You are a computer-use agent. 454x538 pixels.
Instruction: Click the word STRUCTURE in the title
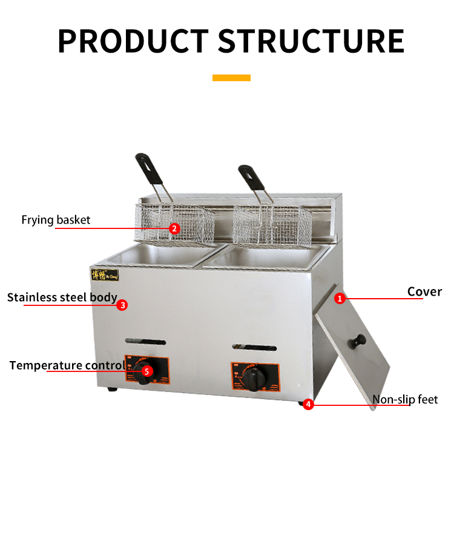click(311, 40)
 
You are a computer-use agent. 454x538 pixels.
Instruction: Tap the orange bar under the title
click(231, 78)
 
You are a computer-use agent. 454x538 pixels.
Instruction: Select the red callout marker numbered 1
click(340, 298)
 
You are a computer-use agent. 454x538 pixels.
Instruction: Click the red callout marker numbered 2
click(174, 228)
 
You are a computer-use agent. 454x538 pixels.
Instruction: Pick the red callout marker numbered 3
click(122, 305)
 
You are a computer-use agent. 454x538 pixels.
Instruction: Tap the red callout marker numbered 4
click(308, 404)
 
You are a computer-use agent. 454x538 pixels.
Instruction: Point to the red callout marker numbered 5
click(147, 371)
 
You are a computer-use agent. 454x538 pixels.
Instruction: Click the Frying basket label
click(56, 220)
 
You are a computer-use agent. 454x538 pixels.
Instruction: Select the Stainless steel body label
click(62, 297)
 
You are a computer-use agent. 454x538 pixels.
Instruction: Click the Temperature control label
click(67, 365)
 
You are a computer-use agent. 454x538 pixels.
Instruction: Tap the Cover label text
click(424, 291)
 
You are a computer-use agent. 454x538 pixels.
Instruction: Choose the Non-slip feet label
click(404, 399)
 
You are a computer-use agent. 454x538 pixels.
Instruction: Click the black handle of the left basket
click(143, 163)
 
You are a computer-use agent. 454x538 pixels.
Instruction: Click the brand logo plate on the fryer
click(106, 274)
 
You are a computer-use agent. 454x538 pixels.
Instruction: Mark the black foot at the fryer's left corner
click(112, 389)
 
